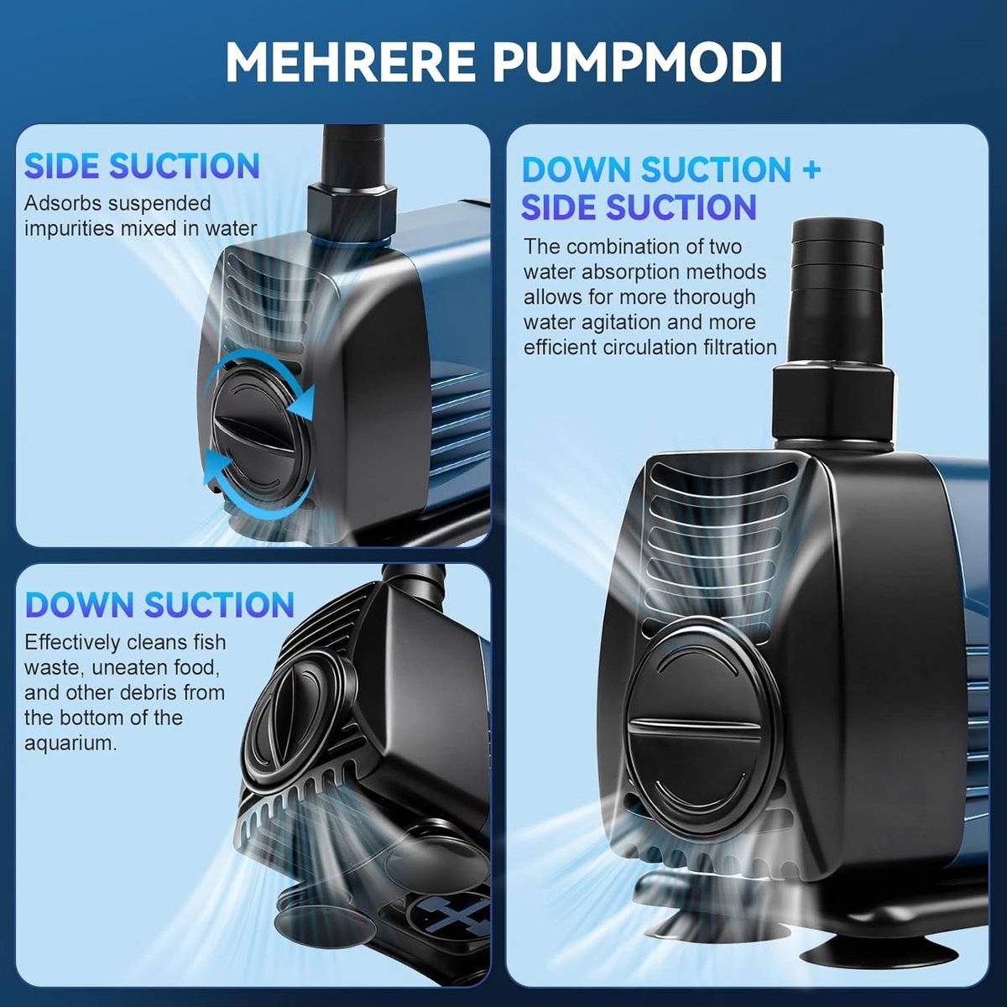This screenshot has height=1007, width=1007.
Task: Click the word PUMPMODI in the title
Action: tap(638, 63)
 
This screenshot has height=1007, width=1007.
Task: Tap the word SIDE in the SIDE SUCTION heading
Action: tap(61, 166)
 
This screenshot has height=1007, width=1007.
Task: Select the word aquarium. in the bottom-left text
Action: tap(70, 744)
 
